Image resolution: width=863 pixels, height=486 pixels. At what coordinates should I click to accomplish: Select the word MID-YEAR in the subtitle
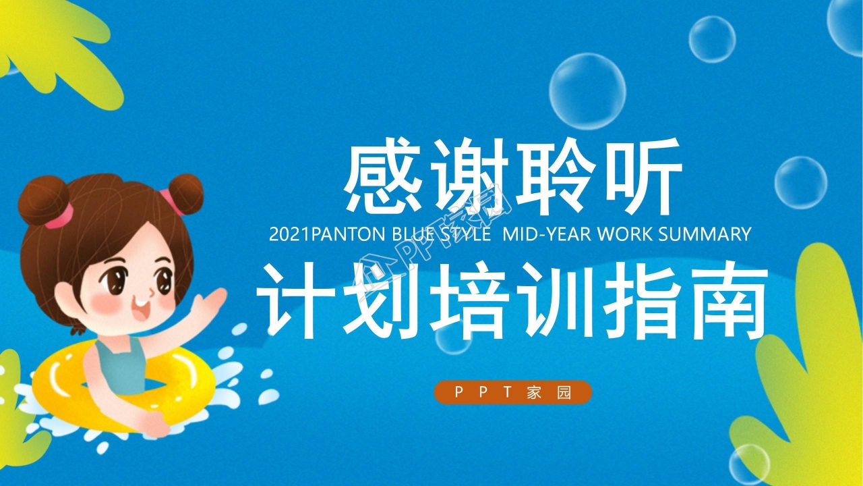547,234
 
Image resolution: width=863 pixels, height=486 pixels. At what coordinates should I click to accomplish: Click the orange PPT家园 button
513,392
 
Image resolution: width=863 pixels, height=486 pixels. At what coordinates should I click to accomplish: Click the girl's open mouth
141,309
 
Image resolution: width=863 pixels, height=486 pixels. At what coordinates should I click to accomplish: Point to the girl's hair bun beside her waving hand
185,194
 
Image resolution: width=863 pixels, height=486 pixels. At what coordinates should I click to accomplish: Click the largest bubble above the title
587,91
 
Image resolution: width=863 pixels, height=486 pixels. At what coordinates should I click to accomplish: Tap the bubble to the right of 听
800,182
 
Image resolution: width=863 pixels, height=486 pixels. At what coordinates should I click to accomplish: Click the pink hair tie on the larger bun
61,217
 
